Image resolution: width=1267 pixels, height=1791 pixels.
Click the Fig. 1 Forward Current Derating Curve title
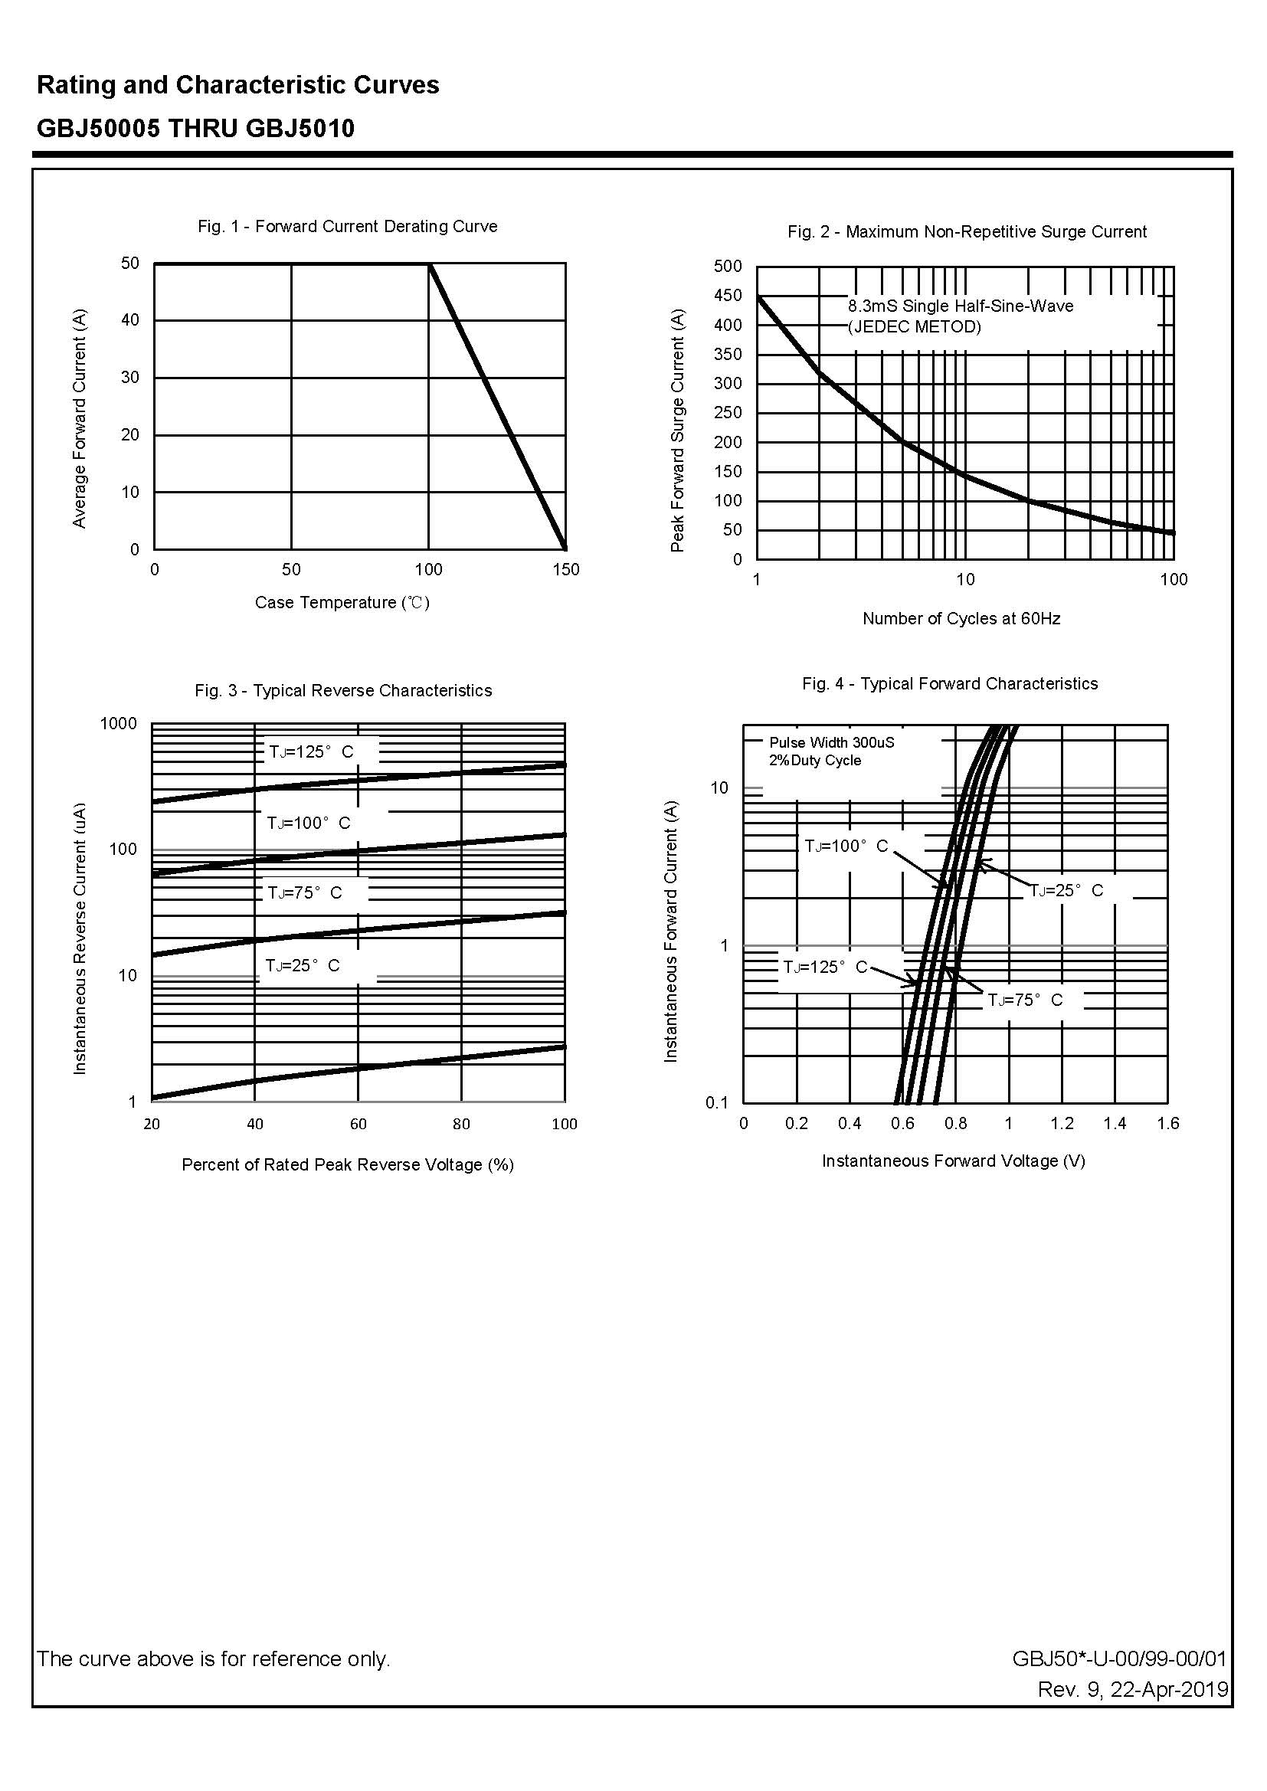(x=347, y=226)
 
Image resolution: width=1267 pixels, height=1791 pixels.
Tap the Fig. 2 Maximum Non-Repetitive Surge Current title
(x=967, y=231)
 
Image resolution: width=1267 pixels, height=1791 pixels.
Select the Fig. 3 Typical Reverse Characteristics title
(x=343, y=690)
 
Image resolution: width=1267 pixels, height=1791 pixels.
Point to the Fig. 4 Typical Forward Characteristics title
(x=949, y=683)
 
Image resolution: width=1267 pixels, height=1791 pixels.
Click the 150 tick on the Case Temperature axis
(x=565, y=569)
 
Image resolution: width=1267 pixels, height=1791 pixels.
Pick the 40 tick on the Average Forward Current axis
(x=130, y=320)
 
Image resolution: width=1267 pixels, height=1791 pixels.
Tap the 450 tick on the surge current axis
(x=727, y=296)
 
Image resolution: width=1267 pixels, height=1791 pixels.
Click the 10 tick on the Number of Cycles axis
(x=965, y=579)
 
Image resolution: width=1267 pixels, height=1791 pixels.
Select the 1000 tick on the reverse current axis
(x=119, y=723)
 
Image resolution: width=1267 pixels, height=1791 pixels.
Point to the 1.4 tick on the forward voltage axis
(x=1114, y=1123)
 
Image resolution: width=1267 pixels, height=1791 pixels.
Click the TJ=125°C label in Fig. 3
(x=311, y=752)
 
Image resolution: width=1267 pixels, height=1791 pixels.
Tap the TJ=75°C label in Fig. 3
(x=305, y=892)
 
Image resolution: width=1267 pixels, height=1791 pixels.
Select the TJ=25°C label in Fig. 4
(x=1066, y=890)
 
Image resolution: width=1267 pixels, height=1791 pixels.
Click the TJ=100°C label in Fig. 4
(x=846, y=846)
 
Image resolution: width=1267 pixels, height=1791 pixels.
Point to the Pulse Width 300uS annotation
(x=832, y=742)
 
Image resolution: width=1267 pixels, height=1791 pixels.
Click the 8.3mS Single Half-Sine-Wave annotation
(x=961, y=306)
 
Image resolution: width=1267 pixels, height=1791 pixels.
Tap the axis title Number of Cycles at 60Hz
(x=961, y=619)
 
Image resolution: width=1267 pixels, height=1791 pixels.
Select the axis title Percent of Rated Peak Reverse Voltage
(x=347, y=1164)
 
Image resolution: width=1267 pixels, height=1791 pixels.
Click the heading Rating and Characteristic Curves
(x=238, y=85)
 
